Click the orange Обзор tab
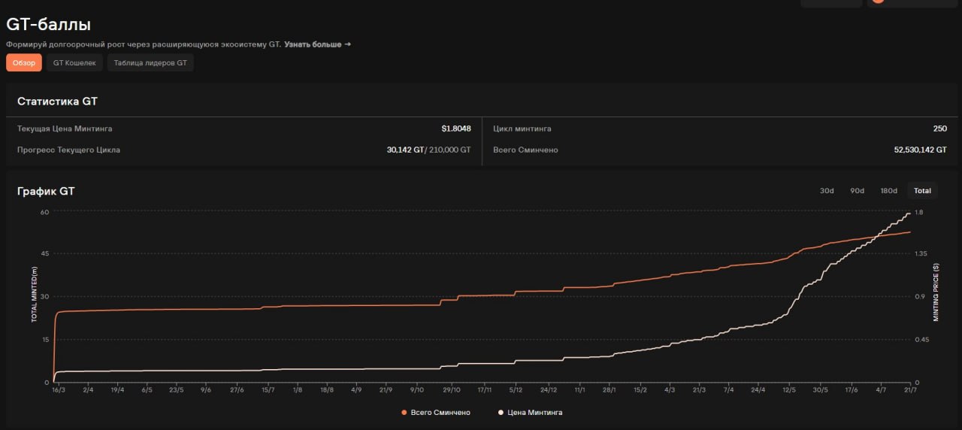pyautogui.click(x=23, y=62)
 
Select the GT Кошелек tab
pyautogui.click(x=74, y=62)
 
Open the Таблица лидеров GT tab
pyautogui.click(x=150, y=62)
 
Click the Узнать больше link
pyautogui.click(x=317, y=44)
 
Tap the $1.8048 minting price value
pyautogui.click(x=456, y=129)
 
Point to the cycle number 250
pyautogui.click(x=939, y=129)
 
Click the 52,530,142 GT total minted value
pyautogui.click(x=921, y=150)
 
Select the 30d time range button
pyautogui.click(x=827, y=191)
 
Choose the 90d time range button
pyautogui.click(x=858, y=191)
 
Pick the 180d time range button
pyautogui.click(x=888, y=191)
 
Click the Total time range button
pyautogui.click(x=922, y=191)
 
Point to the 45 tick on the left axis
pyautogui.click(x=44, y=253)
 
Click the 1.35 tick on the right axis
pyautogui.click(x=921, y=253)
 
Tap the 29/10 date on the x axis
pyautogui.click(x=452, y=390)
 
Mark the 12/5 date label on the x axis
pyautogui.click(x=789, y=390)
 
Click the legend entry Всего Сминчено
pyautogui.click(x=436, y=413)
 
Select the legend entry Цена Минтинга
pyautogui.click(x=530, y=413)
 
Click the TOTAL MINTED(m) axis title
pyautogui.click(x=35, y=294)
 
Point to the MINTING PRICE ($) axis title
pyautogui.click(x=936, y=292)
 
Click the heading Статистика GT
pyautogui.click(x=57, y=101)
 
